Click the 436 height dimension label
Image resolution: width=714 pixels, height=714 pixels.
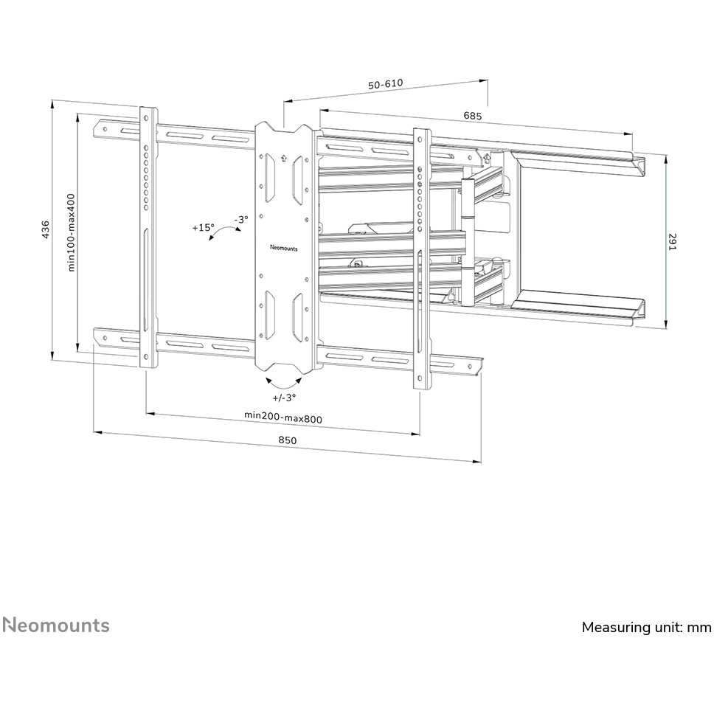pos(46,230)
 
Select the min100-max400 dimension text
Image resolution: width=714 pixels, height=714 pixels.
pos(71,232)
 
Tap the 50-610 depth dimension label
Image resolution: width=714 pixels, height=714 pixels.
pos(386,84)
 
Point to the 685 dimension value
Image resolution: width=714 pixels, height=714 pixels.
pos(473,116)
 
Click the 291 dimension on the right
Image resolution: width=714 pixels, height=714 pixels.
pos(673,241)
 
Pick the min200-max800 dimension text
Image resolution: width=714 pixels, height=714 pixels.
pos(283,417)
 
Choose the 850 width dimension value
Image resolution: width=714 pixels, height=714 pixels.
pos(288,440)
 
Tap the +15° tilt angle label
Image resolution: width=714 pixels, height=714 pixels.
pos(203,227)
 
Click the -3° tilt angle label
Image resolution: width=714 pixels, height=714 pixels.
pos(241,219)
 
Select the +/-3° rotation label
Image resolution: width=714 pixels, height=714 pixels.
pos(284,398)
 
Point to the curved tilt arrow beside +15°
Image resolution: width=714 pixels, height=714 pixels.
pos(224,232)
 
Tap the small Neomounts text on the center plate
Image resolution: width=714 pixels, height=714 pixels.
pos(283,248)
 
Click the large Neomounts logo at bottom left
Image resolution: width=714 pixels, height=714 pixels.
pos(56,625)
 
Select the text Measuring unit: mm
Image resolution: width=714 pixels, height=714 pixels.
pos(647,627)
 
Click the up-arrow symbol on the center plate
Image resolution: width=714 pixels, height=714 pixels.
pos(284,158)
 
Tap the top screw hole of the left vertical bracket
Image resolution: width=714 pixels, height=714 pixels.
pos(147,117)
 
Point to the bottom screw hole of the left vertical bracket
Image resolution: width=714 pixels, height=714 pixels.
pos(146,357)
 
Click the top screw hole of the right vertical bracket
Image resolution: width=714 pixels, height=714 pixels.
pos(420,139)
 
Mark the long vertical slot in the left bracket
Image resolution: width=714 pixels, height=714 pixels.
pos(146,281)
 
